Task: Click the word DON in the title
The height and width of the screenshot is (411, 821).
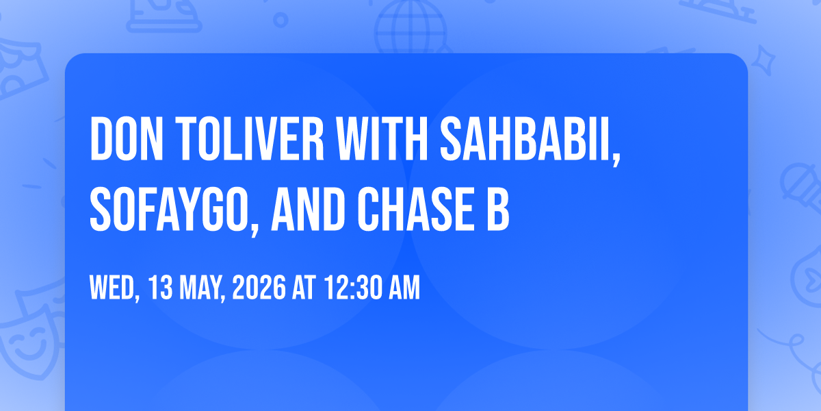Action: click(127, 138)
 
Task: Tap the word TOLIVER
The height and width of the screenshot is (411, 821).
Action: click(250, 138)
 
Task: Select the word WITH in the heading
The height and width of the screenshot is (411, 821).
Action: click(382, 138)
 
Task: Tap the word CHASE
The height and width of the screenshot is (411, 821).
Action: click(416, 209)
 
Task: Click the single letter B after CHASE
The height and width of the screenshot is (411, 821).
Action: click(498, 209)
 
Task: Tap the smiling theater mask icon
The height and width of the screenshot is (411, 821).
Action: click(29, 341)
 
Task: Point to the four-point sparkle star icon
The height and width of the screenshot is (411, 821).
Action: click(763, 60)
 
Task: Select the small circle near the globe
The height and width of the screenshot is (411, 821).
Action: click(281, 20)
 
